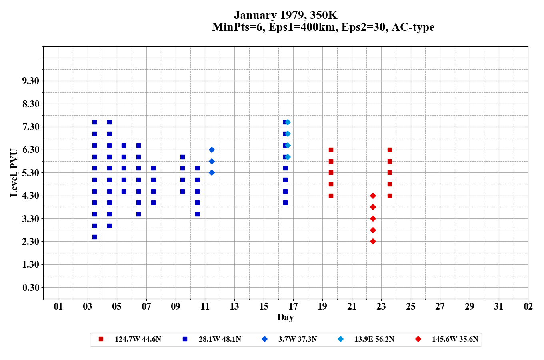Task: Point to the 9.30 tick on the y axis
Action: pyautogui.click(x=31, y=81)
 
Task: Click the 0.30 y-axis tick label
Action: pyautogui.click(x=31, y=288)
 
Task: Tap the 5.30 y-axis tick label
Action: pyautogui.click(x=31, y=173)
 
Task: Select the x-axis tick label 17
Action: pyautogui.click(x=293, y=306)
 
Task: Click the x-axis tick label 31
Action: pyautogui.click(x=499, y=306)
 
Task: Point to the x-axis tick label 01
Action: pyautogui.click(x=58, y=306)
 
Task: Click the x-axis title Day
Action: pyautogui.click(x=285, y=317)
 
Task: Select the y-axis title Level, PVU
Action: pyautogui.click(x=14, y=173)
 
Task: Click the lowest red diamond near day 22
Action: pyautogui.click(x=373, y=241)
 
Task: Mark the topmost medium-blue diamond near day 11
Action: pyautogui.click(x=212, y=150)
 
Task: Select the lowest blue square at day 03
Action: pyautogui.click(x=94, y=237)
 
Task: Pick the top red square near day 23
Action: pyautogui.click(x=390, y=150)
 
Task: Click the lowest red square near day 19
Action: pyautogui.click(x=331, y=196)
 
